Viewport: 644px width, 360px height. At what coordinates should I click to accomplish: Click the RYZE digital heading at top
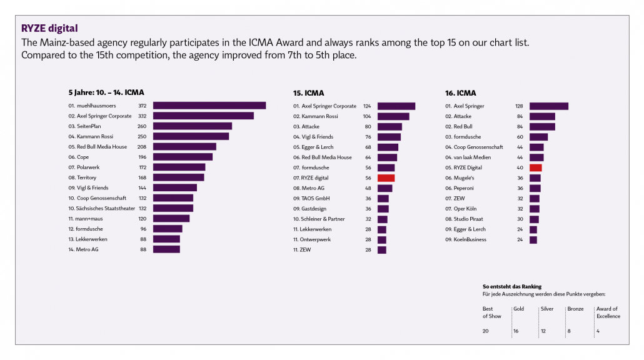click(49, 29)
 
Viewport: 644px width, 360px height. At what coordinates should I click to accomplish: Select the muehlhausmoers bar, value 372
click(209, 106)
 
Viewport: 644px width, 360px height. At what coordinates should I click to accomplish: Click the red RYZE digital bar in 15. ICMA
click(386, 178)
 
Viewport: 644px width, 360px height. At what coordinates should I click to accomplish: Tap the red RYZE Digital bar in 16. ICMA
click(535, 167)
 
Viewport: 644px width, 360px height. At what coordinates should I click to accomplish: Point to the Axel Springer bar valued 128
click(548, 106)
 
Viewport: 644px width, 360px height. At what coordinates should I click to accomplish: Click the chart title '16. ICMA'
click(460, 93)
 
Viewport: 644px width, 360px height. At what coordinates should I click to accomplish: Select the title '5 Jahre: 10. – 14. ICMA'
click(106, 92)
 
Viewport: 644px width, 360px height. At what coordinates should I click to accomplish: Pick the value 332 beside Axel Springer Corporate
click(142, 116)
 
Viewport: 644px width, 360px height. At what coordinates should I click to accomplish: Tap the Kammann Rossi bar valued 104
click(393, 116)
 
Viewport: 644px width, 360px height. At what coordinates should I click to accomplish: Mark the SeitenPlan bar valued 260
click(192, 126)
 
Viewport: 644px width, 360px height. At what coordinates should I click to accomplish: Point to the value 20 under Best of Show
click(486, 331)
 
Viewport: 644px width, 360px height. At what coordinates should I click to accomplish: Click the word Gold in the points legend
click(518, 309)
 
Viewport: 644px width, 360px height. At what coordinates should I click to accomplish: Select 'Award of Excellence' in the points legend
click(608, 312)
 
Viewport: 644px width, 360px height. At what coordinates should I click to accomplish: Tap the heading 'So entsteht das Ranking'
click(512, 286)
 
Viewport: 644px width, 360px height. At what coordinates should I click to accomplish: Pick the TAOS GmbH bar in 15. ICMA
click(383, 198)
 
